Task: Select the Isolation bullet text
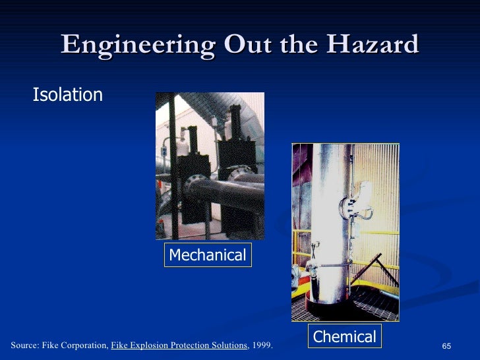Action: click(x=68, y=95)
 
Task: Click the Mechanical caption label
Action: click(x=207, y=255)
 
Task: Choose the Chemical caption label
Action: click(x=344, y=337)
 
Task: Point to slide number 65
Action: click(x=446, y=347)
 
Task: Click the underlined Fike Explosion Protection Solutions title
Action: click(x=179, y=345)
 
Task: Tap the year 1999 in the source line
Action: click(x=262, y=345)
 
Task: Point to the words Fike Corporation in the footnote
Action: click(x=73, y=345)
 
